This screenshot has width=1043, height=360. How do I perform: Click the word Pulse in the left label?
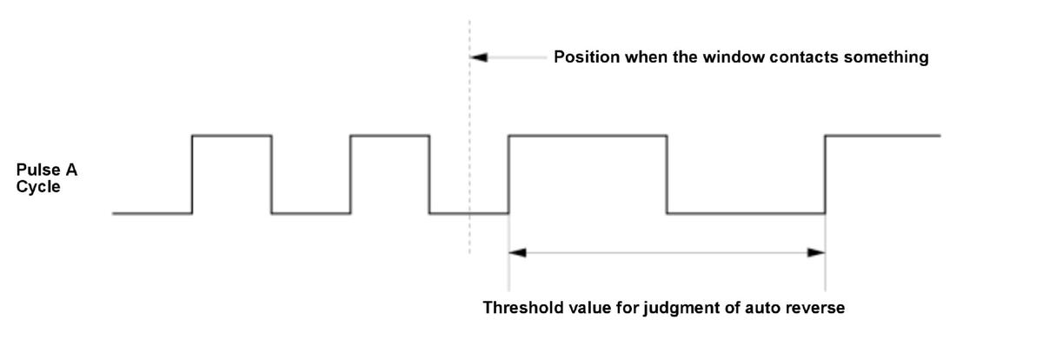click(x=38, y=170)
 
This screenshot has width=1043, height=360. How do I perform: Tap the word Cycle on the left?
click(x=38, y=187)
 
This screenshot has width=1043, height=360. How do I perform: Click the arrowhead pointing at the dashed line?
click(x=478, y=57)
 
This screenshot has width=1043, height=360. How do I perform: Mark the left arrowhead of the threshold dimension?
click(x=517, y=253)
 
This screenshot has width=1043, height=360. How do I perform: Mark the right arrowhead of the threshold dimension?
click(x=816, y=253)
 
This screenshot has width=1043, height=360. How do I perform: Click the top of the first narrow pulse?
click(x=232, y=136)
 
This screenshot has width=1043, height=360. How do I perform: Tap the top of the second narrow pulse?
click(x=389, y=136)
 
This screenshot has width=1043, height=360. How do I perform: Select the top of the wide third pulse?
click(x=588, y=136)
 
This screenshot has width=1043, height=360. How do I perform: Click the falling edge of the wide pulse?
click(x=667, y=175)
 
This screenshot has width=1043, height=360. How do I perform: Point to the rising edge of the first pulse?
click(x=192, y=175)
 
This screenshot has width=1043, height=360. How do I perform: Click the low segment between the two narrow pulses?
click(x=311, y=214)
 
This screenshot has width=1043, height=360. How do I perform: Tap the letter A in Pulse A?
click(x=71, y=170)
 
